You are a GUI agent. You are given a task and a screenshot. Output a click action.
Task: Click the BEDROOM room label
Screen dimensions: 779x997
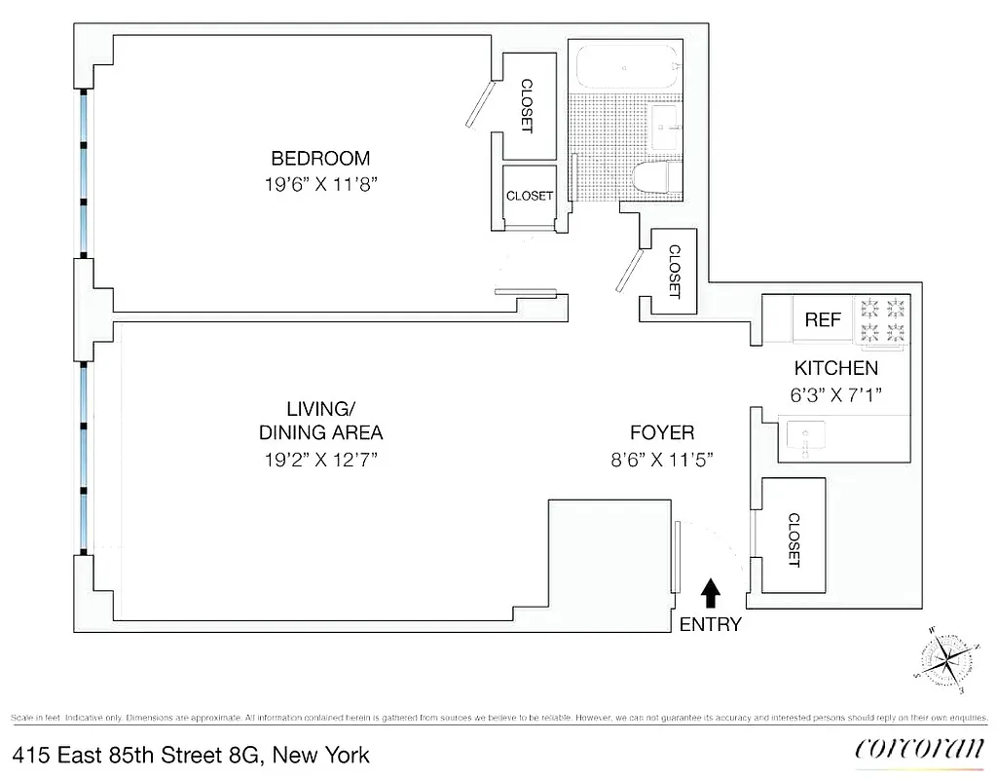click(320, 158)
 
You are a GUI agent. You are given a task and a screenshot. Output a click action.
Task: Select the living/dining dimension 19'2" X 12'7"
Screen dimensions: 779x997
click(319, 459)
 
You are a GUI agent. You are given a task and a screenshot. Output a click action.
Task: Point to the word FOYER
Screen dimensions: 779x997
click(661, 433)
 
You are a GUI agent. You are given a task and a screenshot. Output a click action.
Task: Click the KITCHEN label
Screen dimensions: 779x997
click(836, 368)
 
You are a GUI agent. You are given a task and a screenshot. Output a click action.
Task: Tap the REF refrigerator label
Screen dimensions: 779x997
click(823, 319)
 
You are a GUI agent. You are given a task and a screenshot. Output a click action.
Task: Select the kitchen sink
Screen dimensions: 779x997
click(805, 439)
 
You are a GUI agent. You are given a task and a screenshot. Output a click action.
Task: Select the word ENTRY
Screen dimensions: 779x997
click(710, 625)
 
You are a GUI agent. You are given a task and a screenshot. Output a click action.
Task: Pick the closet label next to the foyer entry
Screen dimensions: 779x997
click(793, 540)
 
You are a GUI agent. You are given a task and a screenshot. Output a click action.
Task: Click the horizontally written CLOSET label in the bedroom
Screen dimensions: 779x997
click(529, 196)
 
